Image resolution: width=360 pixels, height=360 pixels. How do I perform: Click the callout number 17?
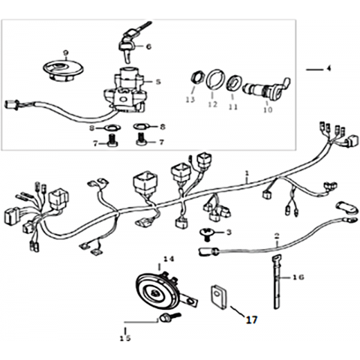[251, 319]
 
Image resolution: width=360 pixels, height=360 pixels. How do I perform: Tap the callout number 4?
[328, 68]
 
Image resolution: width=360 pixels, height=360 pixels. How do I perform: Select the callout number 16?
[298, 277]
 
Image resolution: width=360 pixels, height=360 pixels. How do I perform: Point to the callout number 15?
[125, 338]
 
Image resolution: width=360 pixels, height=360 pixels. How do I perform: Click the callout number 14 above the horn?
[168, 259]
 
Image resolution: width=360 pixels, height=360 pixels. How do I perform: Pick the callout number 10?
[268, 109]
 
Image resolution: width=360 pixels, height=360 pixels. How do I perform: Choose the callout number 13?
[190, 100]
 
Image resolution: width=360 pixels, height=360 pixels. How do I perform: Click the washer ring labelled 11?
[234, 82]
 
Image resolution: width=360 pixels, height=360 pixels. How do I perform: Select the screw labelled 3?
[206, 235]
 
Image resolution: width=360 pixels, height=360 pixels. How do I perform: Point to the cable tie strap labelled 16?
[277, 282]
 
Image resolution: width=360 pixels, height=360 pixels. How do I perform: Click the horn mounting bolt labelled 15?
[171, 318]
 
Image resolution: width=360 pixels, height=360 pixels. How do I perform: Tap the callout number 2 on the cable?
[277, 236]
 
